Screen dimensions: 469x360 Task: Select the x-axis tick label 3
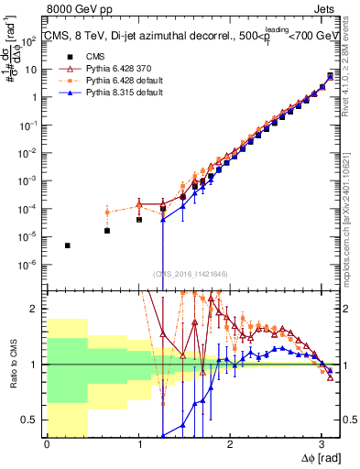click(x=321, y=444)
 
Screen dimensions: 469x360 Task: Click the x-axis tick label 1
click(x=138, y=444)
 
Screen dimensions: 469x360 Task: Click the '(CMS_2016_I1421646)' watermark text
click(x=191, y=273)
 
